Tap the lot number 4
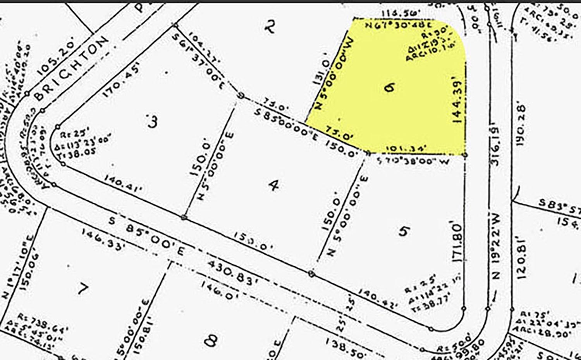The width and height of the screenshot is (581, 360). pos(274,186)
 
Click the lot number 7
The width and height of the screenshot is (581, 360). pos(83,289)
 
